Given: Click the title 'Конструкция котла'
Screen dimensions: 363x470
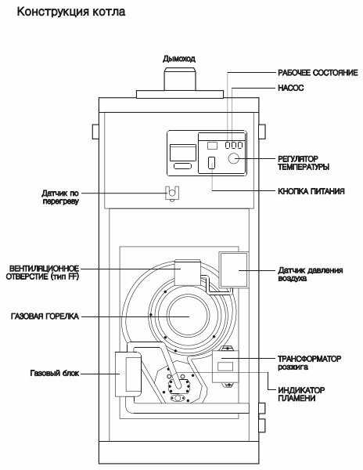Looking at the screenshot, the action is [x=71, y=13].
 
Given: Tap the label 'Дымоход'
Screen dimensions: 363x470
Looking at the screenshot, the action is [x=179, y=59].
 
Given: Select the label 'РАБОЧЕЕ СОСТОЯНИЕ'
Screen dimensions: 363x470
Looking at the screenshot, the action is [x=318, y=73].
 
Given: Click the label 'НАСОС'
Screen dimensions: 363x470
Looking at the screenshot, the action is [x=290, y=88].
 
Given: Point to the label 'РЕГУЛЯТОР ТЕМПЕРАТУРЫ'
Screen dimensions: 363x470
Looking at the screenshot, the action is [x=304, y=163].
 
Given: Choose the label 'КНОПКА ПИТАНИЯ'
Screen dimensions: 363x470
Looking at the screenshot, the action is [x=311, y=191].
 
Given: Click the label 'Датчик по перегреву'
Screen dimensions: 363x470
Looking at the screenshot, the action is [x=60, y=197].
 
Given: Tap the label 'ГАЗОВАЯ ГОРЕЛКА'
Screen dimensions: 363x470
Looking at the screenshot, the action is [x=45, y=316].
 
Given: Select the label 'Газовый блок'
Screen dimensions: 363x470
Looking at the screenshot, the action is [x=55, y=373].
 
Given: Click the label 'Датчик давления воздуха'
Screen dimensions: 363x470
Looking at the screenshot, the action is [x=311, y=274].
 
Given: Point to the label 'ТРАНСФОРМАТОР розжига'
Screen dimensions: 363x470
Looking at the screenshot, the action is [x=310, y=363].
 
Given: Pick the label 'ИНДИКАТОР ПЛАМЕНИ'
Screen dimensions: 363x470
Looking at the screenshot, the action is [x=301, y=394].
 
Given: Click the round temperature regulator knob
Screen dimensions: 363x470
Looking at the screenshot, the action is [x=234, y=158].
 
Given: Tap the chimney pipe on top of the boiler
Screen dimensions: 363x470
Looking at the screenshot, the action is [x=180, y=79].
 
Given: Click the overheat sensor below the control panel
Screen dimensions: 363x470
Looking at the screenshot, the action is [x=172, y=193].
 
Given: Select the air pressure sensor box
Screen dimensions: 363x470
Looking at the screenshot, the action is [x=234, y=270].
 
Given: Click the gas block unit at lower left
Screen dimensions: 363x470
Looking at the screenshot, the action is [x=128, y=374].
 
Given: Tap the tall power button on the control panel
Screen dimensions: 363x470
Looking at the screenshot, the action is [x=211, y=163].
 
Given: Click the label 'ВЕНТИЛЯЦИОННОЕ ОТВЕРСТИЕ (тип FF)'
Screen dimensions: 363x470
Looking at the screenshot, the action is [x=42, y=273].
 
